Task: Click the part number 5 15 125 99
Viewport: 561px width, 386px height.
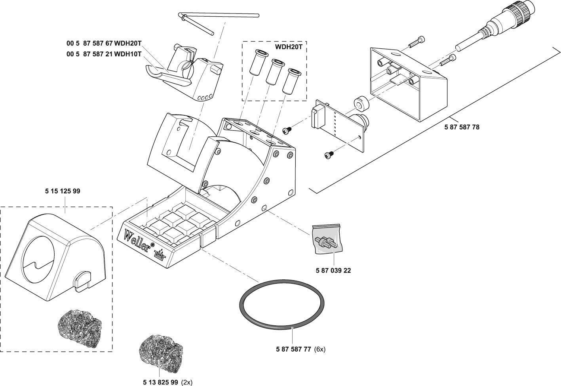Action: click(x=62, y=191)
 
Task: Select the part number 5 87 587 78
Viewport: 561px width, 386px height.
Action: click(x=462, y=127)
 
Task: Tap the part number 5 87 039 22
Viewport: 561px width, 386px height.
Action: click(x=333, y=271)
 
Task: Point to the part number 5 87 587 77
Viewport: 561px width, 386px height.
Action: click(x=293, y=349)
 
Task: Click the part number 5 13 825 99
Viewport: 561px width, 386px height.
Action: click(x=161, y=382)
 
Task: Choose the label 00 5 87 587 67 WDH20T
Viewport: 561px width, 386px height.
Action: click(x=104, y=43)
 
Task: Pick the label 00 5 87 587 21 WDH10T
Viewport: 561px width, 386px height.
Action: click(x=104, y=54)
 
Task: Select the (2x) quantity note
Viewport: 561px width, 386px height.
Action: click(x=186, y=382)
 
